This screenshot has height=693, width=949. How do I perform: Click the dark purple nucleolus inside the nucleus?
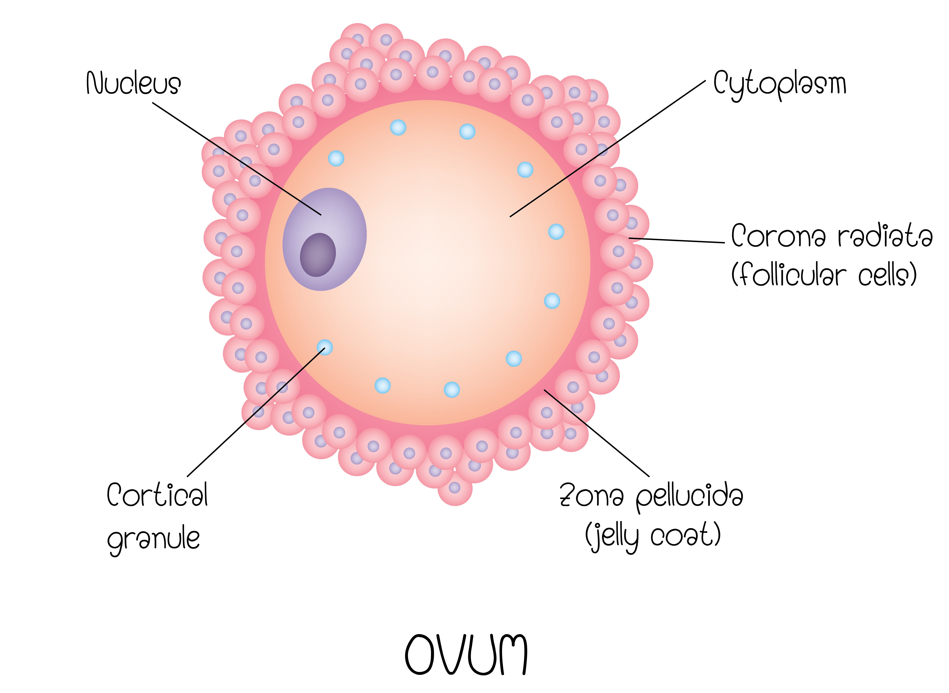(318, 255)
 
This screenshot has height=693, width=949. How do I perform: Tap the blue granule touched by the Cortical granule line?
(325, 347)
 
